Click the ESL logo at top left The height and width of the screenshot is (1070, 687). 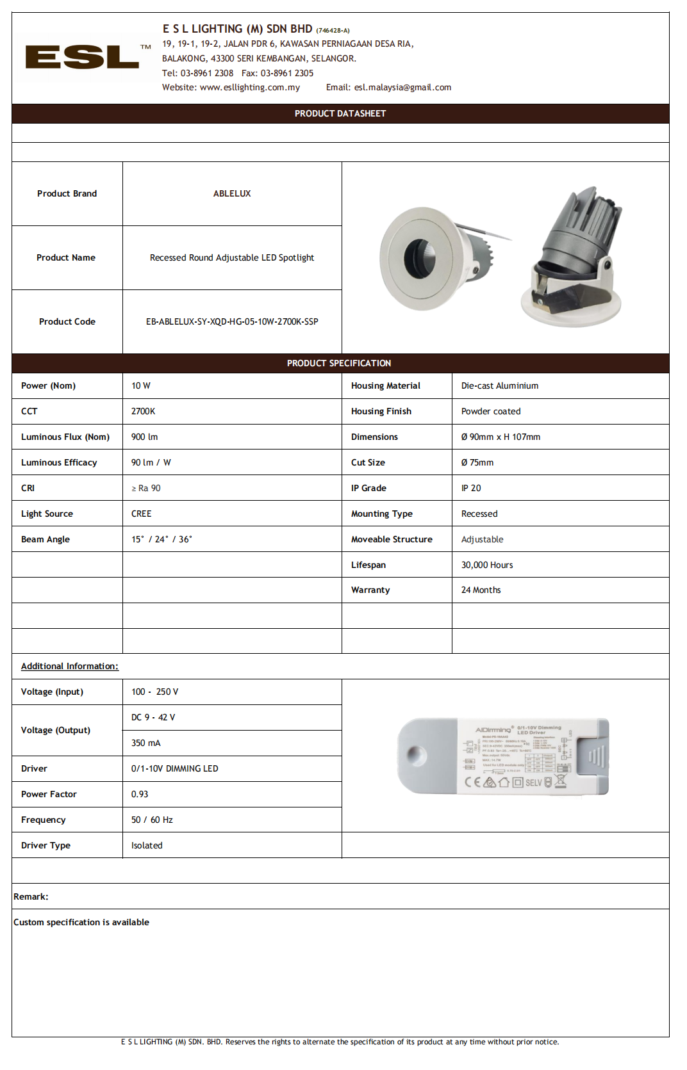tap(82, 57)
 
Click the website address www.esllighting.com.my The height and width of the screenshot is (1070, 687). tap(249, 88)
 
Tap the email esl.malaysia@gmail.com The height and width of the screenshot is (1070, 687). tap(402, 88)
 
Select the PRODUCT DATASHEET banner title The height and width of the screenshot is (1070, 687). tap(340, 113)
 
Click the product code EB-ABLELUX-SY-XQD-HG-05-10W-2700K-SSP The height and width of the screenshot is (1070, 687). tap(232, 321)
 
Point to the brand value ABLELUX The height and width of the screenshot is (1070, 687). tap(232, 193)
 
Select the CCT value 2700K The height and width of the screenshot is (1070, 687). tap(144, 411)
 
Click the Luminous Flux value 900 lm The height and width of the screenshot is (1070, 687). tap(145, 437)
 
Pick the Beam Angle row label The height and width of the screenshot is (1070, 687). tap(46, 539)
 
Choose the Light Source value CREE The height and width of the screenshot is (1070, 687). tap(142, 514)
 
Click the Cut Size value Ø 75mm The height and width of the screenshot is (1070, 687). tap(477, 462)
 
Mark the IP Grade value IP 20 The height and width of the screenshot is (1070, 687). tap(471, 488)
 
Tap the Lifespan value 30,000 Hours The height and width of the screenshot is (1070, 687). tap(487, 565)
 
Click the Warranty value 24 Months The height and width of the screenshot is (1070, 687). tap(481, 590)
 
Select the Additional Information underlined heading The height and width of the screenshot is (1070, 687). tap(70, 666)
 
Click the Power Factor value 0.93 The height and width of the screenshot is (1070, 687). tap(140, 794)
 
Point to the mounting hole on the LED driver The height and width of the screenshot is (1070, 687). tap(415, 754)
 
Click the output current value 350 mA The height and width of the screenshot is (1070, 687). tap(146, 743)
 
